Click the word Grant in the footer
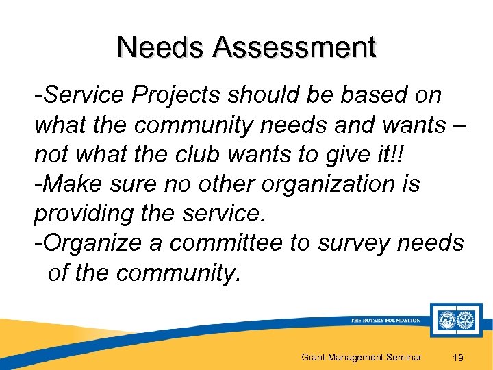313,357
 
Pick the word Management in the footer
354,357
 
